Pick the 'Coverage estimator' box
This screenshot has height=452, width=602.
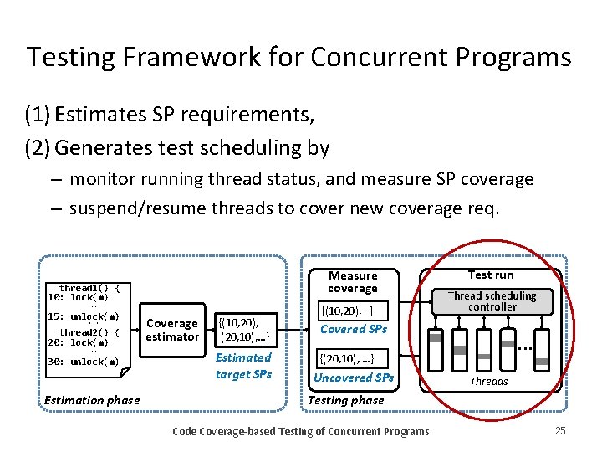(x=171, y=330)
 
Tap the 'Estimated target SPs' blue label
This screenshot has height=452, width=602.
(x=243, y=366)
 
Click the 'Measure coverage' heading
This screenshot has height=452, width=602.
(x=352, y=281)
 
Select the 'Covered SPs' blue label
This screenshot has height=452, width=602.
(x=354, y=329)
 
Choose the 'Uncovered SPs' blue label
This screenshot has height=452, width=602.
(x=354, y=378)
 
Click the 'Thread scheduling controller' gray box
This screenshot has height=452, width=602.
(x=492, y=301)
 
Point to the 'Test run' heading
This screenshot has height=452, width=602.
(x=491, y=275)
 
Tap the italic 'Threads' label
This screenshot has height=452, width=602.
(x=489, y=381)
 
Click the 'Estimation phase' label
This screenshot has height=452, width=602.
(x=92, y=400)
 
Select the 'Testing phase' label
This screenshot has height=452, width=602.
(x=346, y=400)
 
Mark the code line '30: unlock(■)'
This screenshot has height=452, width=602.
(x=84, y=362)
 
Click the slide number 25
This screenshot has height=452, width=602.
(x=559, y=431)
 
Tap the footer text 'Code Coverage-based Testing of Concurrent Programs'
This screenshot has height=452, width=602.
(x=300, y=431)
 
